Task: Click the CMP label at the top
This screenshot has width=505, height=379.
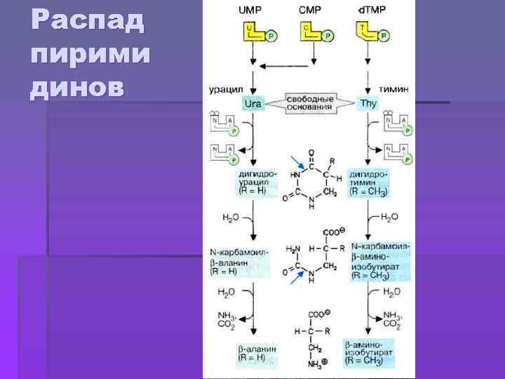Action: coord(310,11)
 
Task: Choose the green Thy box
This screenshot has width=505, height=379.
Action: coord(368,105)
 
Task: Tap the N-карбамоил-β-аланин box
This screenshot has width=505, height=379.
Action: coord(239,258)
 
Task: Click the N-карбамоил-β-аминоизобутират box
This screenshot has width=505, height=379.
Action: coord(379,260)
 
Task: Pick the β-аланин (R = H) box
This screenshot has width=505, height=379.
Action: coord(256,353)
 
